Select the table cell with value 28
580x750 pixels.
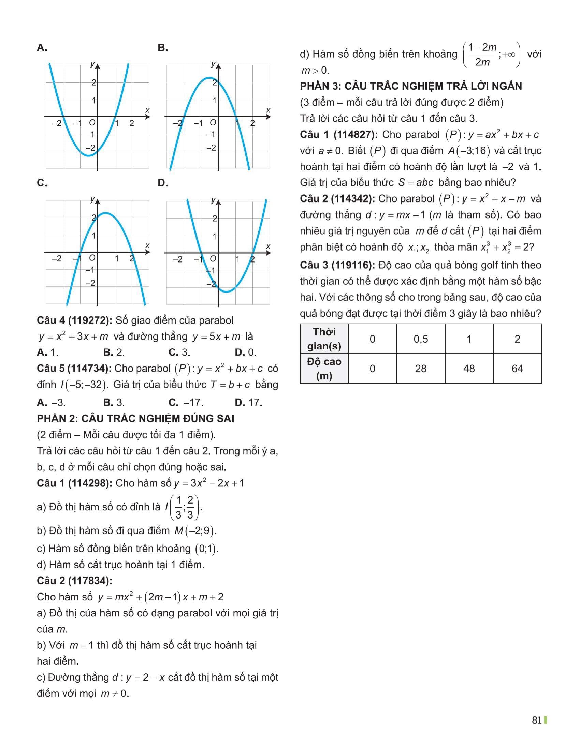point(421,369)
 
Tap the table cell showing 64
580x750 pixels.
point(517,369)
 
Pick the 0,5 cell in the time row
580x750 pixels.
point(421,339)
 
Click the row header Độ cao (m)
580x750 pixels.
point(324,369)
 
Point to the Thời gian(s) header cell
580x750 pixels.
point(324,339)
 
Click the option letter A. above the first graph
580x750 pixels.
point(42,48)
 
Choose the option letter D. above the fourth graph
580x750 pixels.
point(163,183)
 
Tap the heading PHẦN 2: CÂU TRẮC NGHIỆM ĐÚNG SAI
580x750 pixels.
point(135,418)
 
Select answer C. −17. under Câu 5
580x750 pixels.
point(186,402)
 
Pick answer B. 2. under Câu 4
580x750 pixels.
point(114,352)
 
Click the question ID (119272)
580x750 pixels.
point(90,320)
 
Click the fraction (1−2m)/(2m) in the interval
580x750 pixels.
point(482,55)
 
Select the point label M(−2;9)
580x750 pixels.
point(195,531)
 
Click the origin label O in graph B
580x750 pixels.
point(213,123)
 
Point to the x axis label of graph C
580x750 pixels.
point(147,245)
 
